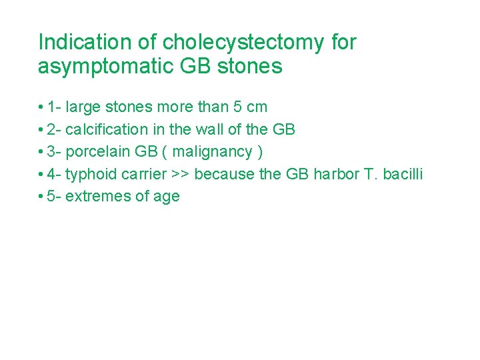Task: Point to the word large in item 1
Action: tap(82, 107)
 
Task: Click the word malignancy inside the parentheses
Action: tap(211, 152)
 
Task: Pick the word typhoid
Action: tap(91, 174)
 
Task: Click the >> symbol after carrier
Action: tap(179, 175)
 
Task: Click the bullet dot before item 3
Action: tap(41, 152)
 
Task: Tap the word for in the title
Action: tap(343, 42)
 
